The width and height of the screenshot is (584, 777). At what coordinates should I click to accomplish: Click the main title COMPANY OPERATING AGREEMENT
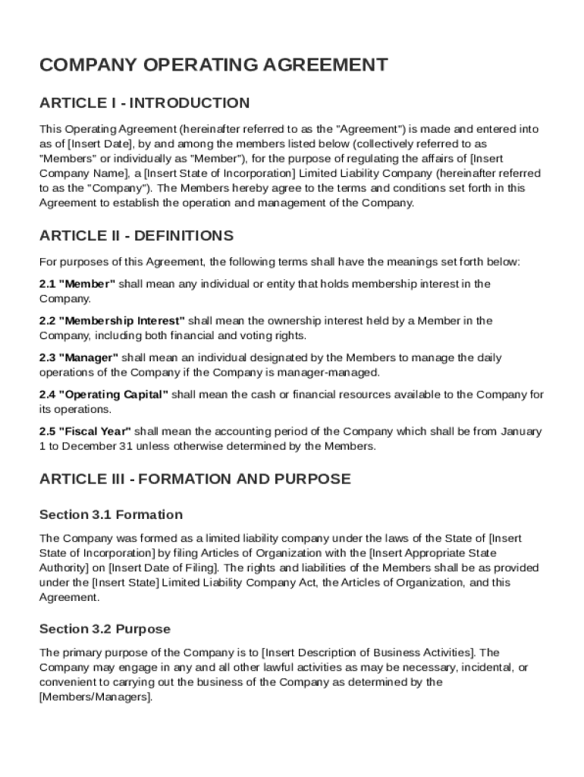(x=213, y=65)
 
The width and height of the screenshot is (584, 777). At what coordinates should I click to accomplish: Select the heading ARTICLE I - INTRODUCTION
(x=144, y=102)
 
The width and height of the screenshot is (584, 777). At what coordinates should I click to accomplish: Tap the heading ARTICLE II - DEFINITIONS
(x=137, y=235)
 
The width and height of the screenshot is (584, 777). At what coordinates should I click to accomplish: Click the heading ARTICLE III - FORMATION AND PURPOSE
(x=195, y=479)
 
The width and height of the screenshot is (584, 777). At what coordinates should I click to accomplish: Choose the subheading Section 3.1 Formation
(x=111, y=514)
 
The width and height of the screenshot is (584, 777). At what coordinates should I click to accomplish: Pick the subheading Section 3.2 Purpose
(x=105, y=629)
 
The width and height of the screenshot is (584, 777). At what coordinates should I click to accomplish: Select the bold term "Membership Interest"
(x=121, y=321)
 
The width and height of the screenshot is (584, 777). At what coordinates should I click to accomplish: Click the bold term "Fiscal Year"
(x=94, y=432)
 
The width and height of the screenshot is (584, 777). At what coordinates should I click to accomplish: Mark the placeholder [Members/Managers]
(x=95, y=697)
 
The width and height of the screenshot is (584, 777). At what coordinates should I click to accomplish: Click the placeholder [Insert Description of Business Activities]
(x=368, y=653)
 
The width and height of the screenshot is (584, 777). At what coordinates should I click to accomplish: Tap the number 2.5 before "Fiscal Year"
(x=47, y=432)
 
